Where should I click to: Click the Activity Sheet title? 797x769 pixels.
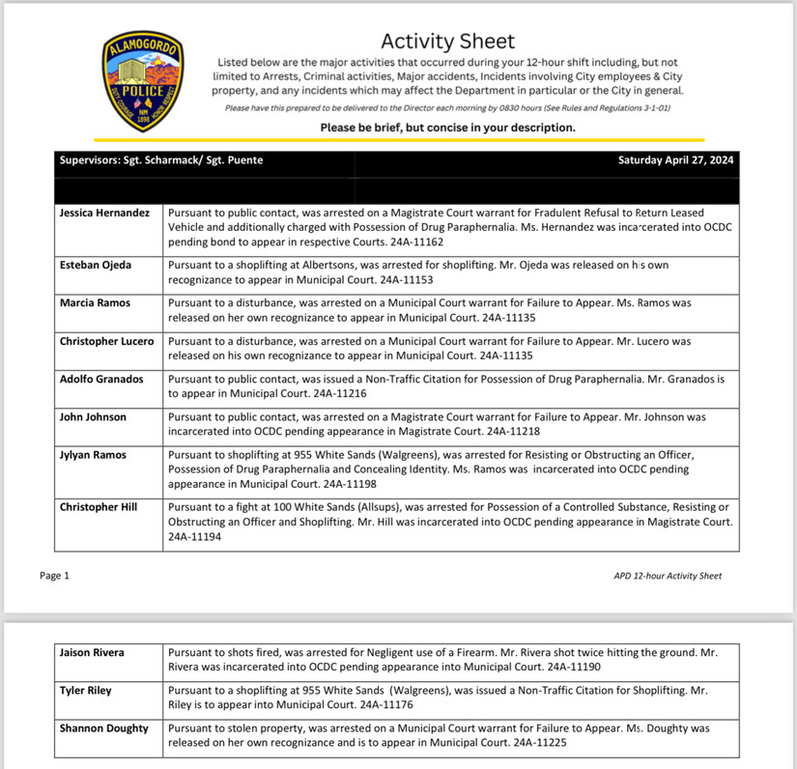[447, 42]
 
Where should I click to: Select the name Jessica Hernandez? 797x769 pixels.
[104, 213]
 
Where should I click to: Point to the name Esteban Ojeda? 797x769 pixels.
[95, 265]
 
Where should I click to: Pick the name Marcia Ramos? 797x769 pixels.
[94, 302]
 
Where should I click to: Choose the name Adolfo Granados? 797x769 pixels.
[101, 379]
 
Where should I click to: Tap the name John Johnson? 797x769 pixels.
[92, 417]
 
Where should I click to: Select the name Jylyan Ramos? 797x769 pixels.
[93, 455]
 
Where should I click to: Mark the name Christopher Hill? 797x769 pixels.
[98, 507]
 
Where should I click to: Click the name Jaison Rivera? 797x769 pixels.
[92, 653]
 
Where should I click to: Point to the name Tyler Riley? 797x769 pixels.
[86, 691]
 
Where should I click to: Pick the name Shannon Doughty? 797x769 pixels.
[103, 728]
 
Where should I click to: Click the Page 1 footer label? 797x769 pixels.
[55, 576]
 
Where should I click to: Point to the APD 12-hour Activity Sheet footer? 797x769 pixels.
[668, 576]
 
